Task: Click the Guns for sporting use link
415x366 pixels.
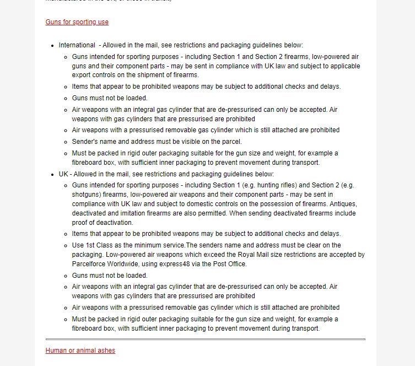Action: coord(77,22)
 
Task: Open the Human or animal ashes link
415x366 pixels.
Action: coord(80,350)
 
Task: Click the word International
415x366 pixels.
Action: coord(77,45)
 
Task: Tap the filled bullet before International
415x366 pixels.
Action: coord(52,46)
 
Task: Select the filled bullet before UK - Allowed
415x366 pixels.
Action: coord(52,175)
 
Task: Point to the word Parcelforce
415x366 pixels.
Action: coord(90,264)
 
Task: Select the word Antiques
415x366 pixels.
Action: coord(342,204)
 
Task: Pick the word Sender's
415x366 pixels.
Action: coord(84,142)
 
